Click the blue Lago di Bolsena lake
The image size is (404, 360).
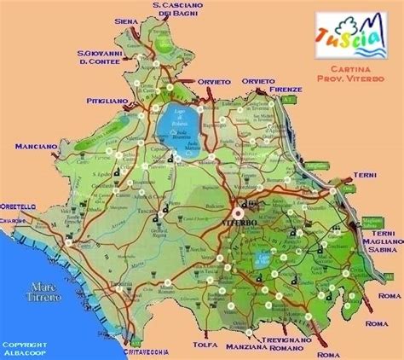(174, 128)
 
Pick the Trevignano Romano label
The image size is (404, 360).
(289, 342)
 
